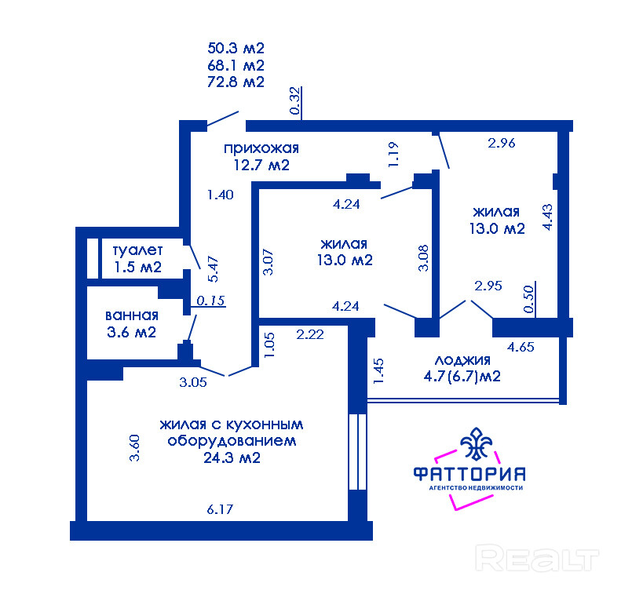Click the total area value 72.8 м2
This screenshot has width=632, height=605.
click(x=236, y=82)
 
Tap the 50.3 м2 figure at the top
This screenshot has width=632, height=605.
click(x=236, y=48)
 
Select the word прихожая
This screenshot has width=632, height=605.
click(x=261, y=148)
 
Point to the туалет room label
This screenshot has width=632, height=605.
click(x=138, y=250)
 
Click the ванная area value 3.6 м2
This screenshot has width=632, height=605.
click(x=131, y=332)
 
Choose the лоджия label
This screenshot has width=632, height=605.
click(x=462, y=359)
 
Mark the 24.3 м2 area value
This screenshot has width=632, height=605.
click(x=232, y=458)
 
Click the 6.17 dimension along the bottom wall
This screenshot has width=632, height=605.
click(x=220, y=509)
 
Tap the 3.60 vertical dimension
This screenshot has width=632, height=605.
click(x=134, y=447)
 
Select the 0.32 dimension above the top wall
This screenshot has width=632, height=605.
click(x=295, y=100)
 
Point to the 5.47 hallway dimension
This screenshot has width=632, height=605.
click(x=213, y=268)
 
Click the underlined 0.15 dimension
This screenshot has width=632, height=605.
click(x=211, y=301)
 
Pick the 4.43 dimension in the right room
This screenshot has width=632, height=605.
click(x=547, y=217)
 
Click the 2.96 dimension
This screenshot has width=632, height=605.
click(x=502, y=143)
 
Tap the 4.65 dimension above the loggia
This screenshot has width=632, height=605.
click(x=521, y=347)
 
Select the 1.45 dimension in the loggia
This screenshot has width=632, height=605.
click(x=378, y=371)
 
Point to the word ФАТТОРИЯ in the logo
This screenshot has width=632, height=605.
click(x=469, y=474)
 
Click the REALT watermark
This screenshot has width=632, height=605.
click(x=537, y=557)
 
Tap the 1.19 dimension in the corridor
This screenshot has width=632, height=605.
click(x=393, y=155)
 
